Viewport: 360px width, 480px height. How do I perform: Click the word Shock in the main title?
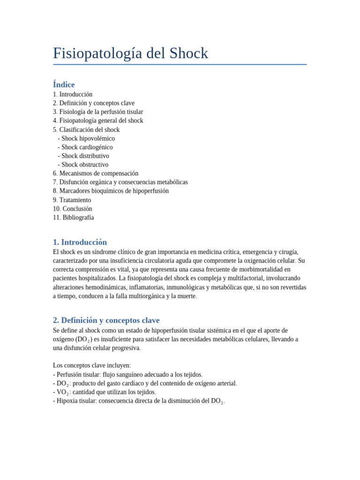tap(187, 53)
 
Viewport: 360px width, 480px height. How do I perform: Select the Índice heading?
tap(64, 84)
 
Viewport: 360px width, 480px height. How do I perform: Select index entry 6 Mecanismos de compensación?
tap(96, 173)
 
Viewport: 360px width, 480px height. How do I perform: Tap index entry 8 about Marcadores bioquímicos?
tap(111, 191)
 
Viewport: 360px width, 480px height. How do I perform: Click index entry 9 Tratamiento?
tap(72, 200)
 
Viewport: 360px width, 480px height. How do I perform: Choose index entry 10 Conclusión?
tap(73, 209)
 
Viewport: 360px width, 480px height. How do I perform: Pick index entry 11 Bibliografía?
tap(74, 218)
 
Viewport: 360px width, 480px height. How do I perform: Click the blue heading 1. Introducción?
tap(80, 242)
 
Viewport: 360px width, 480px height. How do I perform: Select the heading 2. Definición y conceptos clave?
tap(106, 321)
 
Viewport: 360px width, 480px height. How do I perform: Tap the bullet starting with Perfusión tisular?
tap(127, 375)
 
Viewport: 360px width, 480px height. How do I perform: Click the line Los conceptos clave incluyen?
tap(92, 366)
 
